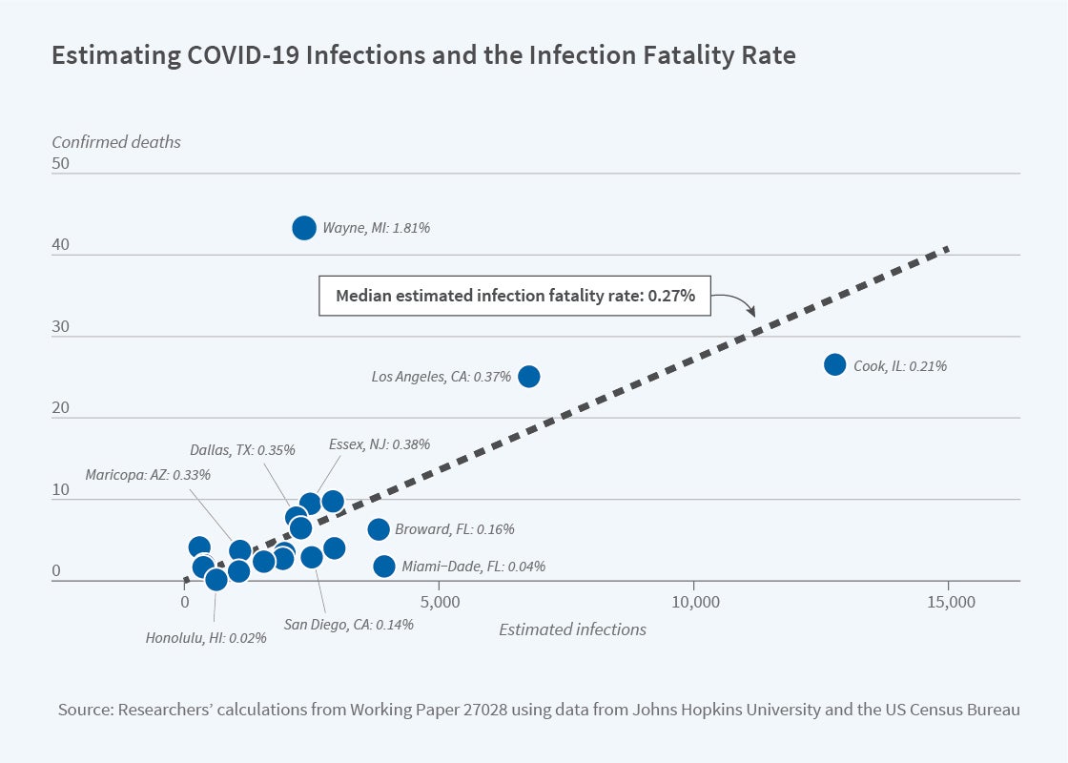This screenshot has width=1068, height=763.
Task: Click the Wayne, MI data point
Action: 304,228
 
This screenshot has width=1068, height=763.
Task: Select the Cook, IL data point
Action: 834,364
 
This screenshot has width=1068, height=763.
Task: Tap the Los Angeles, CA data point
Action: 528,377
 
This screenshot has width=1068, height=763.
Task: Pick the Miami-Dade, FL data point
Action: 384,567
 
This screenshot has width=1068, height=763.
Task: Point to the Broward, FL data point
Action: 379,529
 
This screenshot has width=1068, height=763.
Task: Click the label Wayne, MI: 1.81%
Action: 376,229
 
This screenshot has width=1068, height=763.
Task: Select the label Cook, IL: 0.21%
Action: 900,365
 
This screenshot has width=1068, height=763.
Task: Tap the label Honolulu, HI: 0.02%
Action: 206,638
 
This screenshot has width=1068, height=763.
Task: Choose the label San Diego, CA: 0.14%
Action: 349,626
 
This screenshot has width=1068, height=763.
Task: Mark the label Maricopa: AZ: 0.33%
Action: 148,474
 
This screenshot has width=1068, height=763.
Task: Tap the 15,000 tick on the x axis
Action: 950,603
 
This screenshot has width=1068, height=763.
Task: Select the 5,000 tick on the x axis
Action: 439,603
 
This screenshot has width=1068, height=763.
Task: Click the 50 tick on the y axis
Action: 61,164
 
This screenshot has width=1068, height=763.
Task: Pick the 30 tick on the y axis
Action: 61,327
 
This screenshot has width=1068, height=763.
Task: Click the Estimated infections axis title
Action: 572,629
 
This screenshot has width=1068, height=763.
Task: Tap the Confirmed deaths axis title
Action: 116,142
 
